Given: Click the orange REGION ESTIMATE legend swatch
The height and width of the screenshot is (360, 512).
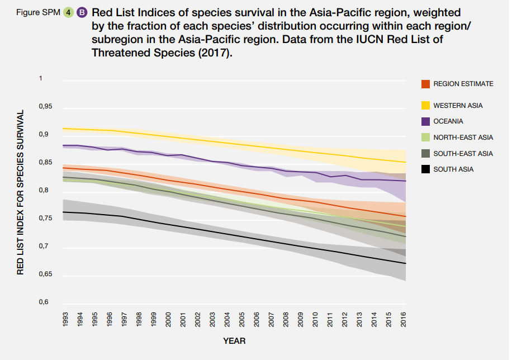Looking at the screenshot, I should click(x=425, y=84).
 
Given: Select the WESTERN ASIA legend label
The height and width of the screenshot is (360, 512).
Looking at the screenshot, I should click(x=458, y=106).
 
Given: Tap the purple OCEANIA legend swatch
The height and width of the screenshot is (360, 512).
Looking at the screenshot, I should click(x=425, y=121).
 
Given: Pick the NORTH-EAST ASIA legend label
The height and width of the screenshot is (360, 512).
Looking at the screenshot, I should click(x=463, y=138).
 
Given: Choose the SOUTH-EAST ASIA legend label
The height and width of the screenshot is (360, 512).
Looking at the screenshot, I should click(x=463, y=153).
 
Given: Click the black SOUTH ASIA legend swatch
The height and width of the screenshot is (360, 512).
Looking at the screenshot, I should click(x=425, y=169).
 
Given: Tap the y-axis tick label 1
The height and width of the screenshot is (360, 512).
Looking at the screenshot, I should click(x=40, y=79).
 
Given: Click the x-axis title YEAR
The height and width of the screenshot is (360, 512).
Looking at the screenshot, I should click(x=234, y=340).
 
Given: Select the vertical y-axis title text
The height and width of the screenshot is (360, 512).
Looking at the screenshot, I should click(x=21, y=192).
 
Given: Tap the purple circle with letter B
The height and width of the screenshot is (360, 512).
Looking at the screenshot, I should click(x=82, y=12).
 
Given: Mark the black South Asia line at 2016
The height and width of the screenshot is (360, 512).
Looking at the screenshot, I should click(x=404, y=263).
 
